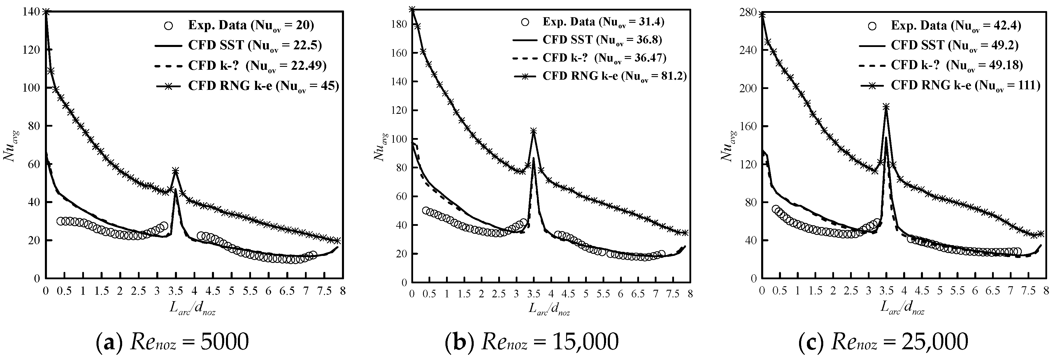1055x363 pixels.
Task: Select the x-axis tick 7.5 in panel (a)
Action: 324,291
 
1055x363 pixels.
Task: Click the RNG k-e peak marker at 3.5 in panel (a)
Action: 176,170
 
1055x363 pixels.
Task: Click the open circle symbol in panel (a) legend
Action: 168,25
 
